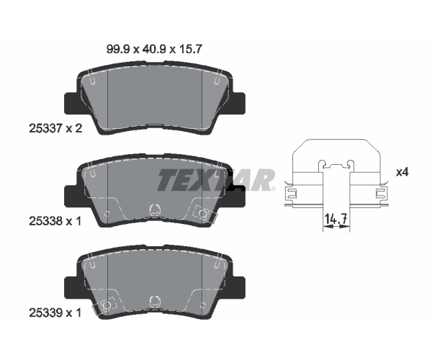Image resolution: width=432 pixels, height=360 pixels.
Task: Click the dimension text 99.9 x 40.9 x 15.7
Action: [154, 50]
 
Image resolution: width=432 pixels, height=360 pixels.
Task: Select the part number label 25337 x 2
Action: [55, 128]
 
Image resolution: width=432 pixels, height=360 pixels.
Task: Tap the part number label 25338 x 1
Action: [55, 221]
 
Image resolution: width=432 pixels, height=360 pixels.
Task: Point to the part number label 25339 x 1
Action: [55, 313]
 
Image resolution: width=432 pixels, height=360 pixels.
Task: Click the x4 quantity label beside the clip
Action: [402, 172]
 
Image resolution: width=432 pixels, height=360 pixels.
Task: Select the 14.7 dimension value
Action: [336, 219]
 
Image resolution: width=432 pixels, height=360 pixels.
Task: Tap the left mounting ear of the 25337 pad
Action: [71, 103]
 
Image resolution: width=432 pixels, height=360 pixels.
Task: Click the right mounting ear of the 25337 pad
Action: [238, 103]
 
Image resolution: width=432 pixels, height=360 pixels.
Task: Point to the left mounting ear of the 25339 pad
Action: [71, 288]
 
